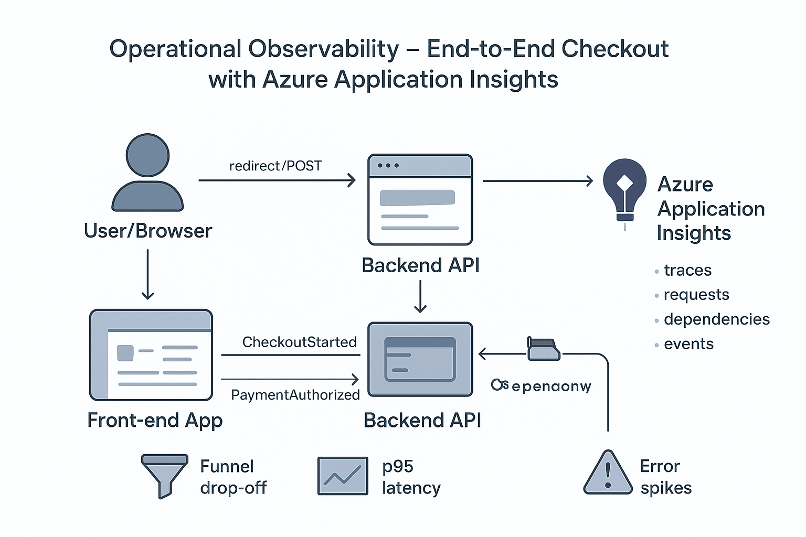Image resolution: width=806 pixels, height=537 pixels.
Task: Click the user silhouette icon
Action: [147, 173]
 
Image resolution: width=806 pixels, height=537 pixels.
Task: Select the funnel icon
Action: [164, 475]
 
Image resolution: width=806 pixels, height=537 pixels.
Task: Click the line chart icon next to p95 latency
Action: [342, 476]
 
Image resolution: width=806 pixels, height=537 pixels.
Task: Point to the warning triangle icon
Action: [608, 474]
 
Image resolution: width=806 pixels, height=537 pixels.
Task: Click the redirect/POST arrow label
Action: [275, 166]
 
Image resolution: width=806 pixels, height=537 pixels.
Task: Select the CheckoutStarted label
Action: [299, 342]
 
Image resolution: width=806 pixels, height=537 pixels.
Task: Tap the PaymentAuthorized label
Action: [295, 395]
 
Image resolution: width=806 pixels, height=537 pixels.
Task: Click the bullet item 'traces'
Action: [687, 271]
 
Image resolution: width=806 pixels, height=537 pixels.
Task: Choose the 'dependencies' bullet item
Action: [716, 319]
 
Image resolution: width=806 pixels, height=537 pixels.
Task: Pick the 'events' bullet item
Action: [688, 344]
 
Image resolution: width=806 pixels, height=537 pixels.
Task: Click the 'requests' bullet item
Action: [696, 295]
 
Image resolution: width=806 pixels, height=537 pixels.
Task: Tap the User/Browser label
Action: [148, 231]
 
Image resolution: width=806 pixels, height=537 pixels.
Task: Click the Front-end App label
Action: [155, 421]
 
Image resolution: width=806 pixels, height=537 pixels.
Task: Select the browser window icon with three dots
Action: [420, 200]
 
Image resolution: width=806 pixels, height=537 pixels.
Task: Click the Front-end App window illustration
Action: [151, 355]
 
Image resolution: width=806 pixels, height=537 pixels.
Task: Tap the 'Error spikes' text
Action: [665, 477]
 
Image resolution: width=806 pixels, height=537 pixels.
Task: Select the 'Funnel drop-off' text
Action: [233, 477]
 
